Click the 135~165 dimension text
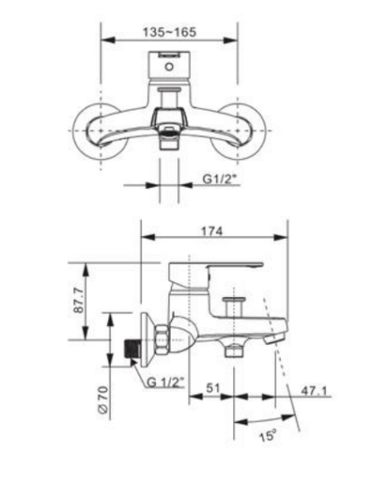(x=170, y=31)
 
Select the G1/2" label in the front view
(x=219, y=180)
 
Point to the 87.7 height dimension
(x=79, y=300)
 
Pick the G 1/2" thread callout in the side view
(x=165, y=383)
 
